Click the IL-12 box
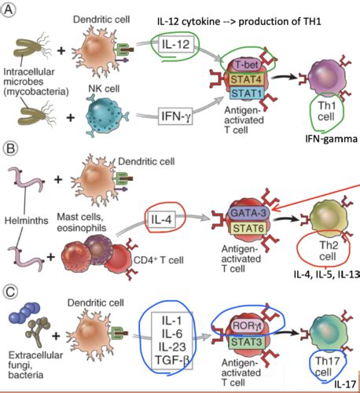175,45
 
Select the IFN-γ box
175,116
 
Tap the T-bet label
247,64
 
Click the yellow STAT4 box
246,79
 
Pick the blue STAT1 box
247,94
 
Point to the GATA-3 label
248,213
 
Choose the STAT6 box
248,228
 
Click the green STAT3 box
246,342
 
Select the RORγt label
247,326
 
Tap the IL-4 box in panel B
161,219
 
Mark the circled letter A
9,10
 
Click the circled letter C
10,292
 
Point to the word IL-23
172,347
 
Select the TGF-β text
172,360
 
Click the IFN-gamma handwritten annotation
331,139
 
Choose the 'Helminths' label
27,221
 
